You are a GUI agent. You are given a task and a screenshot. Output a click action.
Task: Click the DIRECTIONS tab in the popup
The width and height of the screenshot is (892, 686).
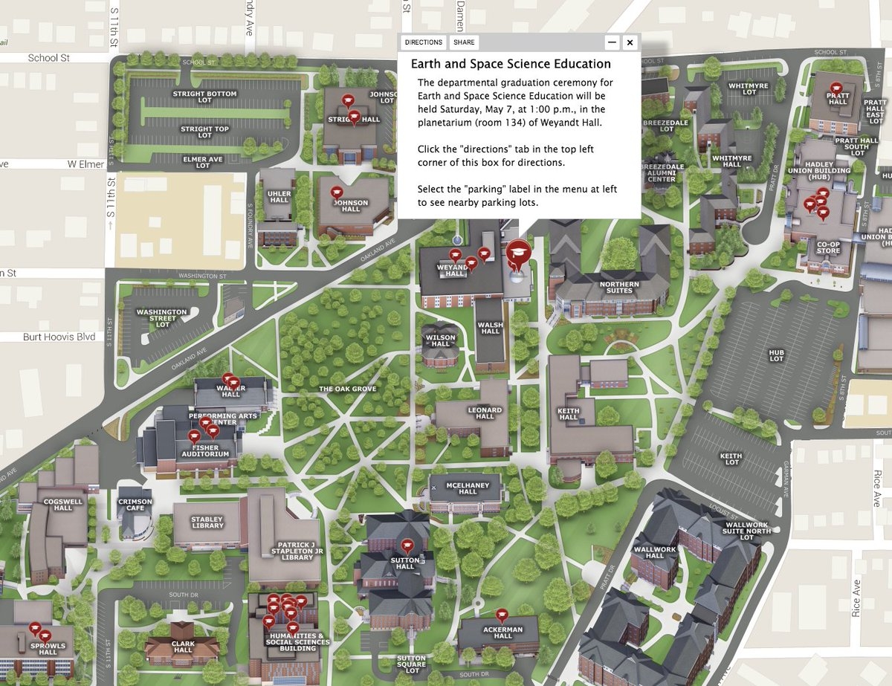click(x=424, y=42)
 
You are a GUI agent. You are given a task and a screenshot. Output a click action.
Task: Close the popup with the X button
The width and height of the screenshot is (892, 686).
click(x=630, y=42)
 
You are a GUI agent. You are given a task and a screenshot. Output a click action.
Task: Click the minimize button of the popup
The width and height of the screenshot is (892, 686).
click(x=611, y=42)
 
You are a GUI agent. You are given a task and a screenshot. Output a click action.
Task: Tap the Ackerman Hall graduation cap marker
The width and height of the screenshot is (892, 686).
click(x=502, y=615)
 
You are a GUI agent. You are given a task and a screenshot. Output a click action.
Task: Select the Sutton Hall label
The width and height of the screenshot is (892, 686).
click(x=405, y=563)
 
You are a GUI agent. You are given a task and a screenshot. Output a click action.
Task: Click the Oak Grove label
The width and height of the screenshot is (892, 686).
click(x=348, y=389)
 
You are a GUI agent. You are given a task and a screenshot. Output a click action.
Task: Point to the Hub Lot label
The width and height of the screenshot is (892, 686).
click(x=777, y=355)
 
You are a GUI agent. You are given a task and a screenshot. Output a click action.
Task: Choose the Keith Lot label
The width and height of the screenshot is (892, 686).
click(x=731, y=459)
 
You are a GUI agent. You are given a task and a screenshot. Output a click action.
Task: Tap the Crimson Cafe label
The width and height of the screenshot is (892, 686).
click(x=135, y=505)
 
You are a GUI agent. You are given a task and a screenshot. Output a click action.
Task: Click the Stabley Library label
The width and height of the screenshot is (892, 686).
click(x=207, y=522)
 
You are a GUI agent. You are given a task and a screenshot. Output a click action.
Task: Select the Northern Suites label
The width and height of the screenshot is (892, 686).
click(x=616, y=286)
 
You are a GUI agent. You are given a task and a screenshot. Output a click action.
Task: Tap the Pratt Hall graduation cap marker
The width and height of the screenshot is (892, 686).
click(x=836, y=88)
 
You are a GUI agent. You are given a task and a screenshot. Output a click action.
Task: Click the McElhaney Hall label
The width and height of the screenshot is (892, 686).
click(x=468, y=488)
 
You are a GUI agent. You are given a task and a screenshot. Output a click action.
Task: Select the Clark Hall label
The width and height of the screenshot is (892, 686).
click(x=184, y=646)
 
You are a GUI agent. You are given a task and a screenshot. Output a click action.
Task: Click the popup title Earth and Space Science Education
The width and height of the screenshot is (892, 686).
click(x=511, y=64)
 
